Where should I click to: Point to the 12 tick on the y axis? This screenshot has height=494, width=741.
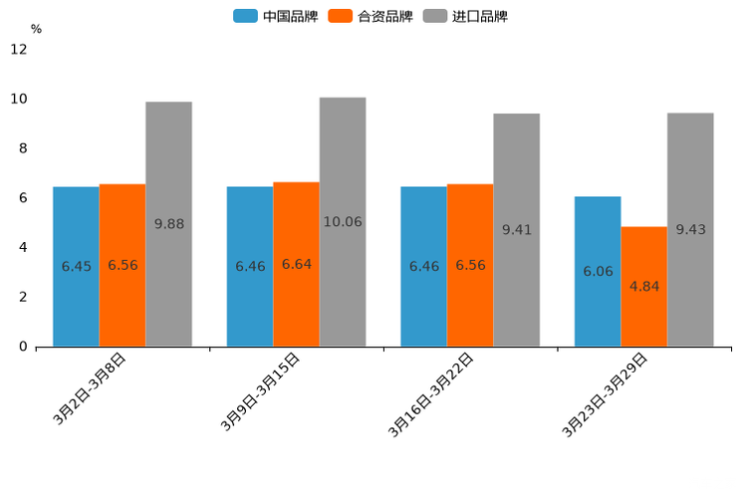[19, 50]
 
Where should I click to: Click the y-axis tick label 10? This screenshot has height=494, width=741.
[19, 99]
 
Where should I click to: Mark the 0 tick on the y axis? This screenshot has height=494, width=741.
[23, 347]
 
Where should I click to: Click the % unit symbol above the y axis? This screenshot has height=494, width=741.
[36, 30]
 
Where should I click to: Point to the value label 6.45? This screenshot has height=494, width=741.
[76, 266]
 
